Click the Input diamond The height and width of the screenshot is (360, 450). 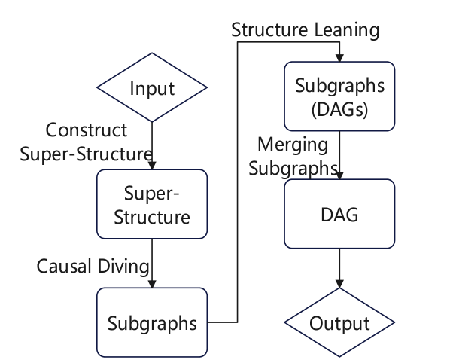pos(152,88)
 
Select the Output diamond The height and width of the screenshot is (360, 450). pos(340,324)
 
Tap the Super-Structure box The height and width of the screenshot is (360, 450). pos(152,206)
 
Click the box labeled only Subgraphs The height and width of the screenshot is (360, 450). pos(152,324)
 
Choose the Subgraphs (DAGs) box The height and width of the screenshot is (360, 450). pos(340,96)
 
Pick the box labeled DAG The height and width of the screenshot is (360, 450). pos(340,215)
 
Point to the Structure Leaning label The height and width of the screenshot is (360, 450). pos(305,31)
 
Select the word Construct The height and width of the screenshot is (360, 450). pos(86,130)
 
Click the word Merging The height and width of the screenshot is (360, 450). pos(292,144)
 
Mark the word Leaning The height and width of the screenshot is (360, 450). pos(348,31)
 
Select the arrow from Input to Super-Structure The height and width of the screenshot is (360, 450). pos(152,143)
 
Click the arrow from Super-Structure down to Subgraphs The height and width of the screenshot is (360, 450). pos(152,264)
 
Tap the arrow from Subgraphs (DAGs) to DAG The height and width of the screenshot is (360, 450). pos(340,154)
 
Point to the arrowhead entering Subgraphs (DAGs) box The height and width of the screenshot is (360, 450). pos(340,57)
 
